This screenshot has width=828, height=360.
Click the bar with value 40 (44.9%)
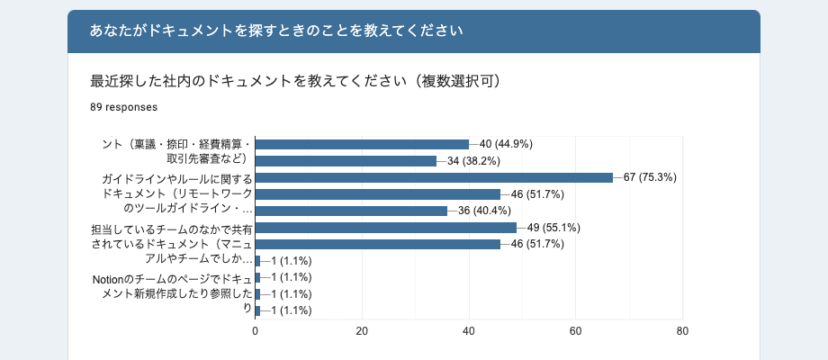coord(362,144)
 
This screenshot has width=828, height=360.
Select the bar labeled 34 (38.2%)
coord(346,161)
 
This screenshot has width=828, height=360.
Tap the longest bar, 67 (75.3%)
coord(434,177)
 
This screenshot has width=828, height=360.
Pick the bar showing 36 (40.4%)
coord(351,211)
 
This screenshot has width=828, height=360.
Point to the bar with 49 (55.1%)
coord(385,228)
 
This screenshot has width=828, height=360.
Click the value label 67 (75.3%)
coord(649,177)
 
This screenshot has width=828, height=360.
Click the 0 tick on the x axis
coord(256,331)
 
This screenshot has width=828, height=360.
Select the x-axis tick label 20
coord(362,331)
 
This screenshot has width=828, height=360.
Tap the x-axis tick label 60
coord(576,331)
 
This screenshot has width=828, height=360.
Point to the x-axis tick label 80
coord(682,331)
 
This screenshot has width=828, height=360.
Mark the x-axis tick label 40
coord(469,331)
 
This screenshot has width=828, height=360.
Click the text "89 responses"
coord(124,107)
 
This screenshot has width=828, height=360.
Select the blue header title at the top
coord(276,31)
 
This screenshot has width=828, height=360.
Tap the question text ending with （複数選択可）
coord(296,81)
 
